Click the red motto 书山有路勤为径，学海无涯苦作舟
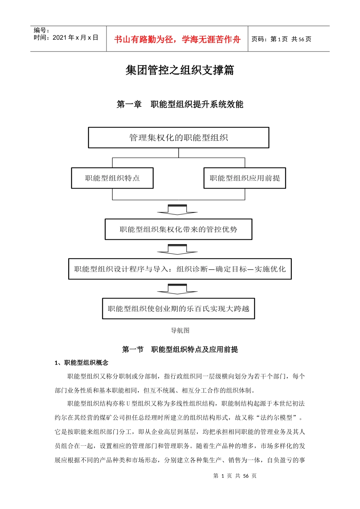177,39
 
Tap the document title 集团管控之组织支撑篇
180,70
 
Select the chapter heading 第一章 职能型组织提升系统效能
180,104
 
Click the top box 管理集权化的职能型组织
178,137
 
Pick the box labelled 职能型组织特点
112,178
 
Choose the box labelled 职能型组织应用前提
245,178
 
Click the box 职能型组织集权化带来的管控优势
178,229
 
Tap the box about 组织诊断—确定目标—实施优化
180,269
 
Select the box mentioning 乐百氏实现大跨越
178,309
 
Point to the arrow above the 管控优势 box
177,210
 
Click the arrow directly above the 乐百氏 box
177,289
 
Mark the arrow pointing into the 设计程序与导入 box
177,249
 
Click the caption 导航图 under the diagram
180,330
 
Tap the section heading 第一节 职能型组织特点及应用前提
180,349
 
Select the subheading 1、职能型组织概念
81,363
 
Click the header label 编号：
41,30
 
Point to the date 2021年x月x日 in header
75,37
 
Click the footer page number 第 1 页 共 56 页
235,476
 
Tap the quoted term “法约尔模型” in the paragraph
277,418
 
